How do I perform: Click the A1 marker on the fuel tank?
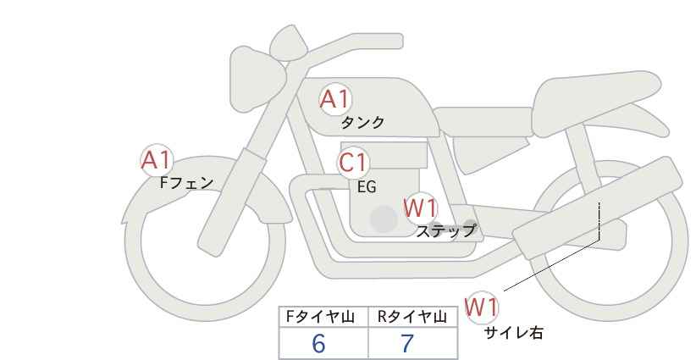pos(335,100)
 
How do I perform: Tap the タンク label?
pos(362,122)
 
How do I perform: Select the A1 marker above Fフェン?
pos(157,161)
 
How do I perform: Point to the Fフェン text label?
pos(186,182)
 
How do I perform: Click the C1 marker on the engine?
pos(353,163)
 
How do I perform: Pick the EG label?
pos(367,187)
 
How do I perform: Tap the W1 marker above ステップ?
pos(421,208)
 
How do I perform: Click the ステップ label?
pos(445,230)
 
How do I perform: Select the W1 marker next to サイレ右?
pos(482,307)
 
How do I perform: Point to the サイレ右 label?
pos(513,332)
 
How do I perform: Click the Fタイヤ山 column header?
pos(320,317)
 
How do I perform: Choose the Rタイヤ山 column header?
pos(412,317)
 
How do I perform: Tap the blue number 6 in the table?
pos(318,343)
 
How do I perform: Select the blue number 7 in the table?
pos(407,343)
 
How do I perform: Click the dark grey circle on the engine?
pos(384,219)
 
